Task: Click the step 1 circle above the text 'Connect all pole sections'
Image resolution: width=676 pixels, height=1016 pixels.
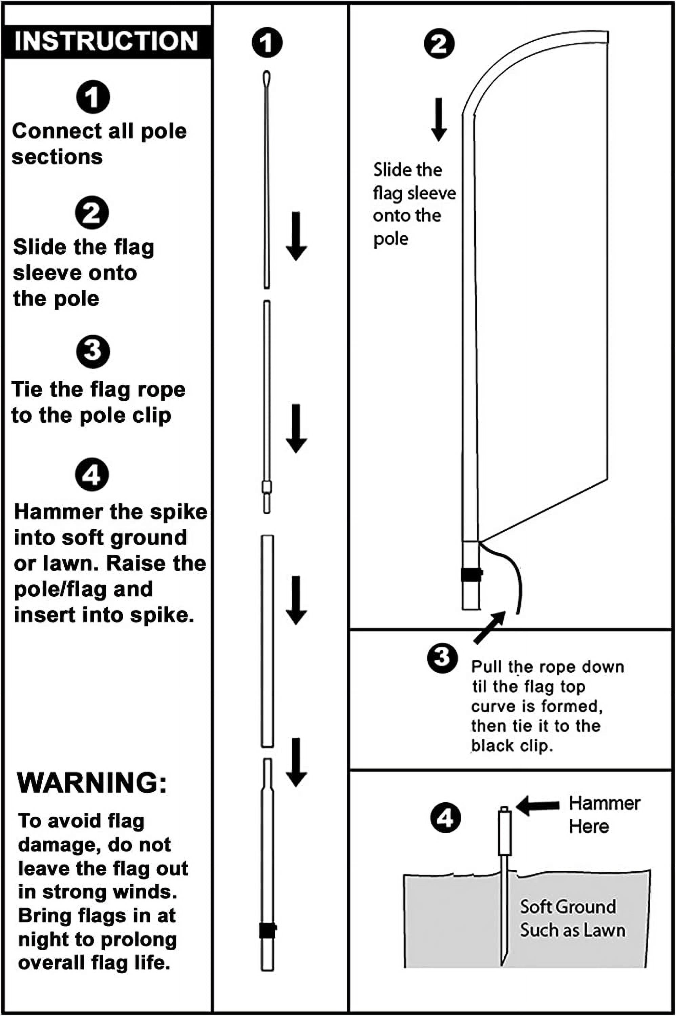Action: coord(93,97)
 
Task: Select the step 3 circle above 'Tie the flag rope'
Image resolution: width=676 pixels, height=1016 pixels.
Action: coord(93,351)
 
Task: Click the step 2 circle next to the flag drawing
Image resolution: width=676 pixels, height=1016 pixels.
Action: coord(439,44)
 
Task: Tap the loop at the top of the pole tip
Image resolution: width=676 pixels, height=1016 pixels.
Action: coord(267,79)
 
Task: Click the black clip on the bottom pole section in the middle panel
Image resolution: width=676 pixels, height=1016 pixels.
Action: coord(267,931)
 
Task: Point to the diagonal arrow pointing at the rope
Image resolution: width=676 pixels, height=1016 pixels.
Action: coord(490,627)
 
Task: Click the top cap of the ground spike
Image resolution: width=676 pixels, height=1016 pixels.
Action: coord(504,809)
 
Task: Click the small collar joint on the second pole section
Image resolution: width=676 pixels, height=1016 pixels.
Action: coord(267,487)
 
